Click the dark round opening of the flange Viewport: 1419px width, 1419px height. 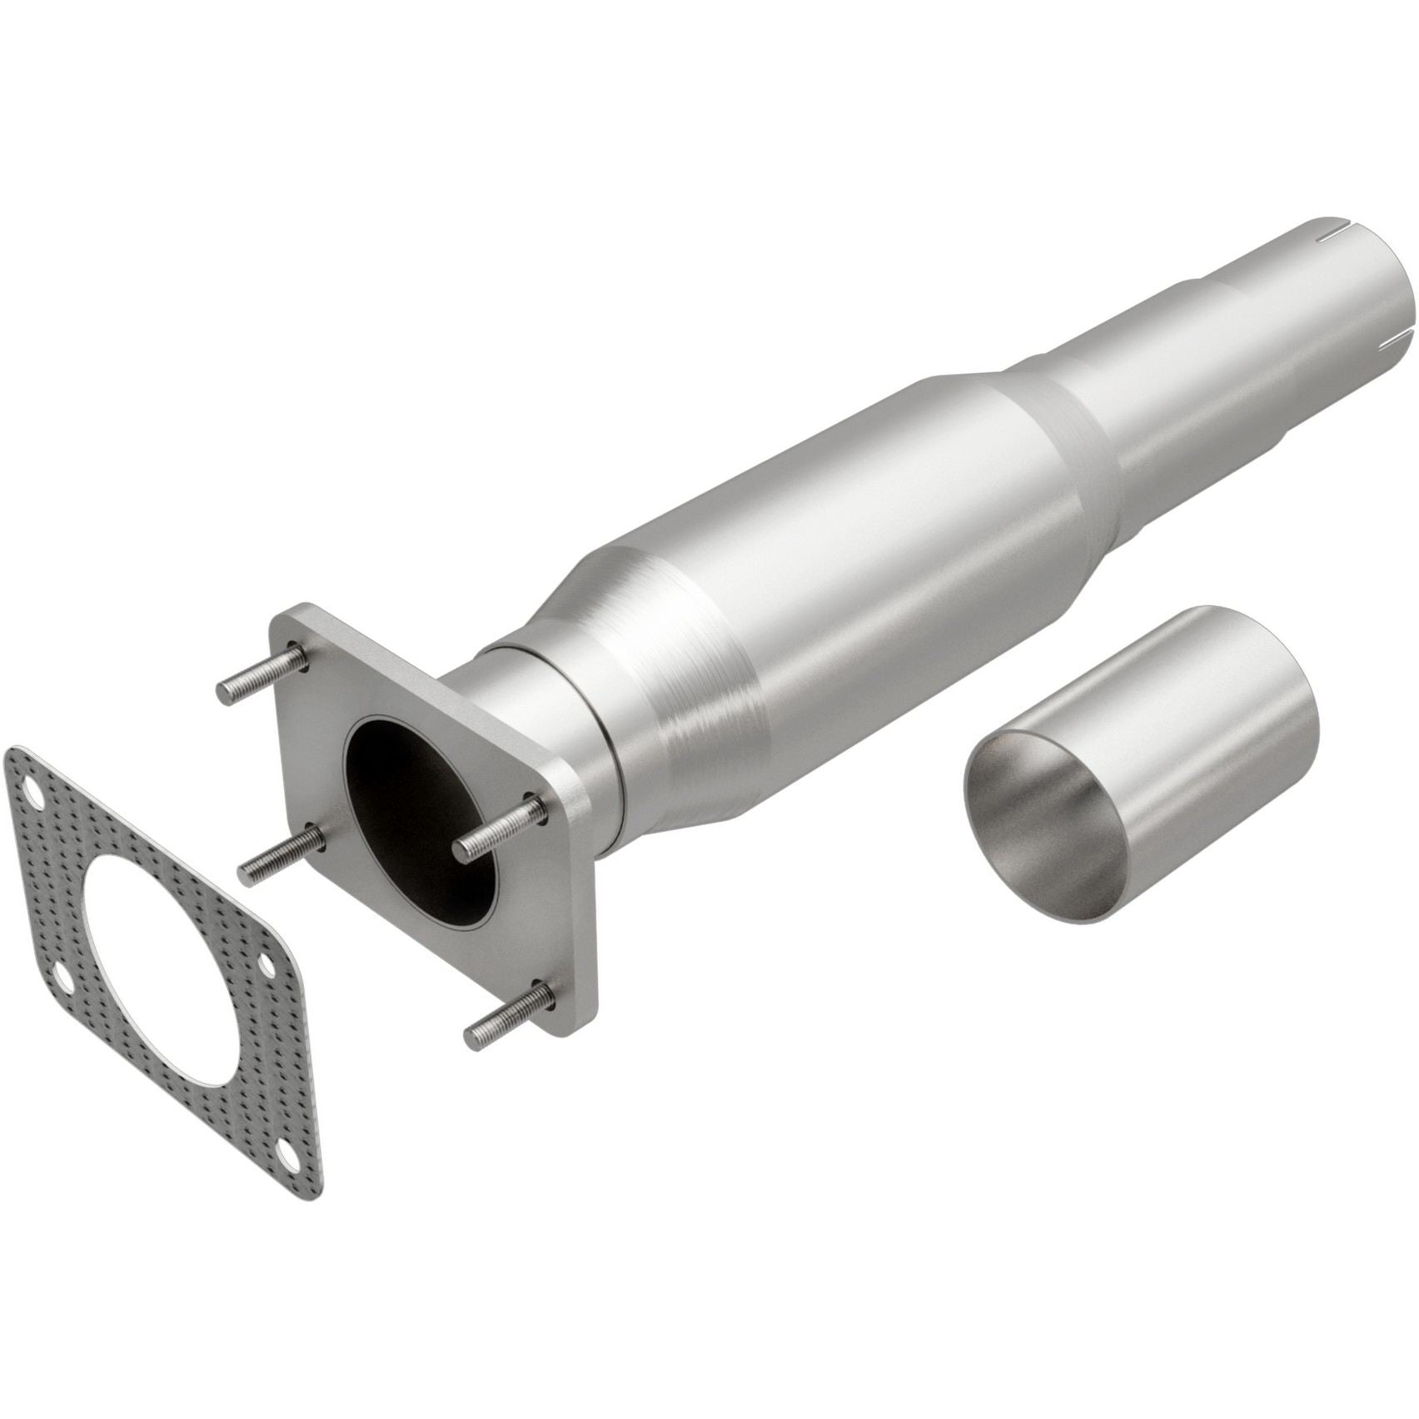click(x=416, y=791)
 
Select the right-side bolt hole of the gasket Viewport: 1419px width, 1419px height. click(x=267, y=965)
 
